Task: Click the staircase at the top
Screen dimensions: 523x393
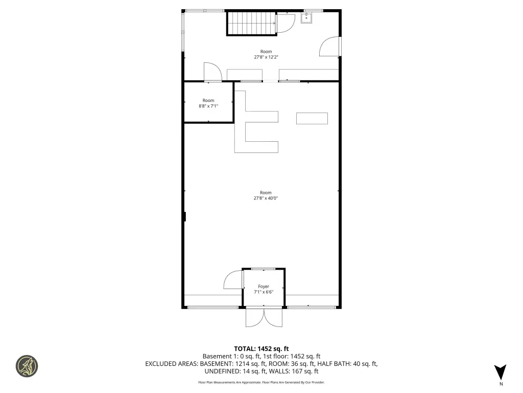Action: [252, 23]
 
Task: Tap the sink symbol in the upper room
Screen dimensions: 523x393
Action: [306, 18]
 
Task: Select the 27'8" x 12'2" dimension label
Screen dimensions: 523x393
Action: [266, 57]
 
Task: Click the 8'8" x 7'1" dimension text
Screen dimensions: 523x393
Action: [208, 106]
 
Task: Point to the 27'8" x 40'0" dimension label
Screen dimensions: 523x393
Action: [266, 198]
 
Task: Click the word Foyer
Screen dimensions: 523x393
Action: [264, 287]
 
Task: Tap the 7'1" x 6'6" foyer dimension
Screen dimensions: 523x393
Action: [264, 292]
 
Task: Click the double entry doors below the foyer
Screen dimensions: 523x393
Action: [264, 317]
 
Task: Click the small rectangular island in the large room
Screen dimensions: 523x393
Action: [312, 118]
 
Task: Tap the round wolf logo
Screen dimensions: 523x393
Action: [27, 366]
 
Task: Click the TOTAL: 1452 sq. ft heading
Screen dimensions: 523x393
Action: [261, 349]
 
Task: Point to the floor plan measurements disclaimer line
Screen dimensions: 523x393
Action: [261, 382]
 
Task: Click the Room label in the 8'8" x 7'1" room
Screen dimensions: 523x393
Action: [208, 100]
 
